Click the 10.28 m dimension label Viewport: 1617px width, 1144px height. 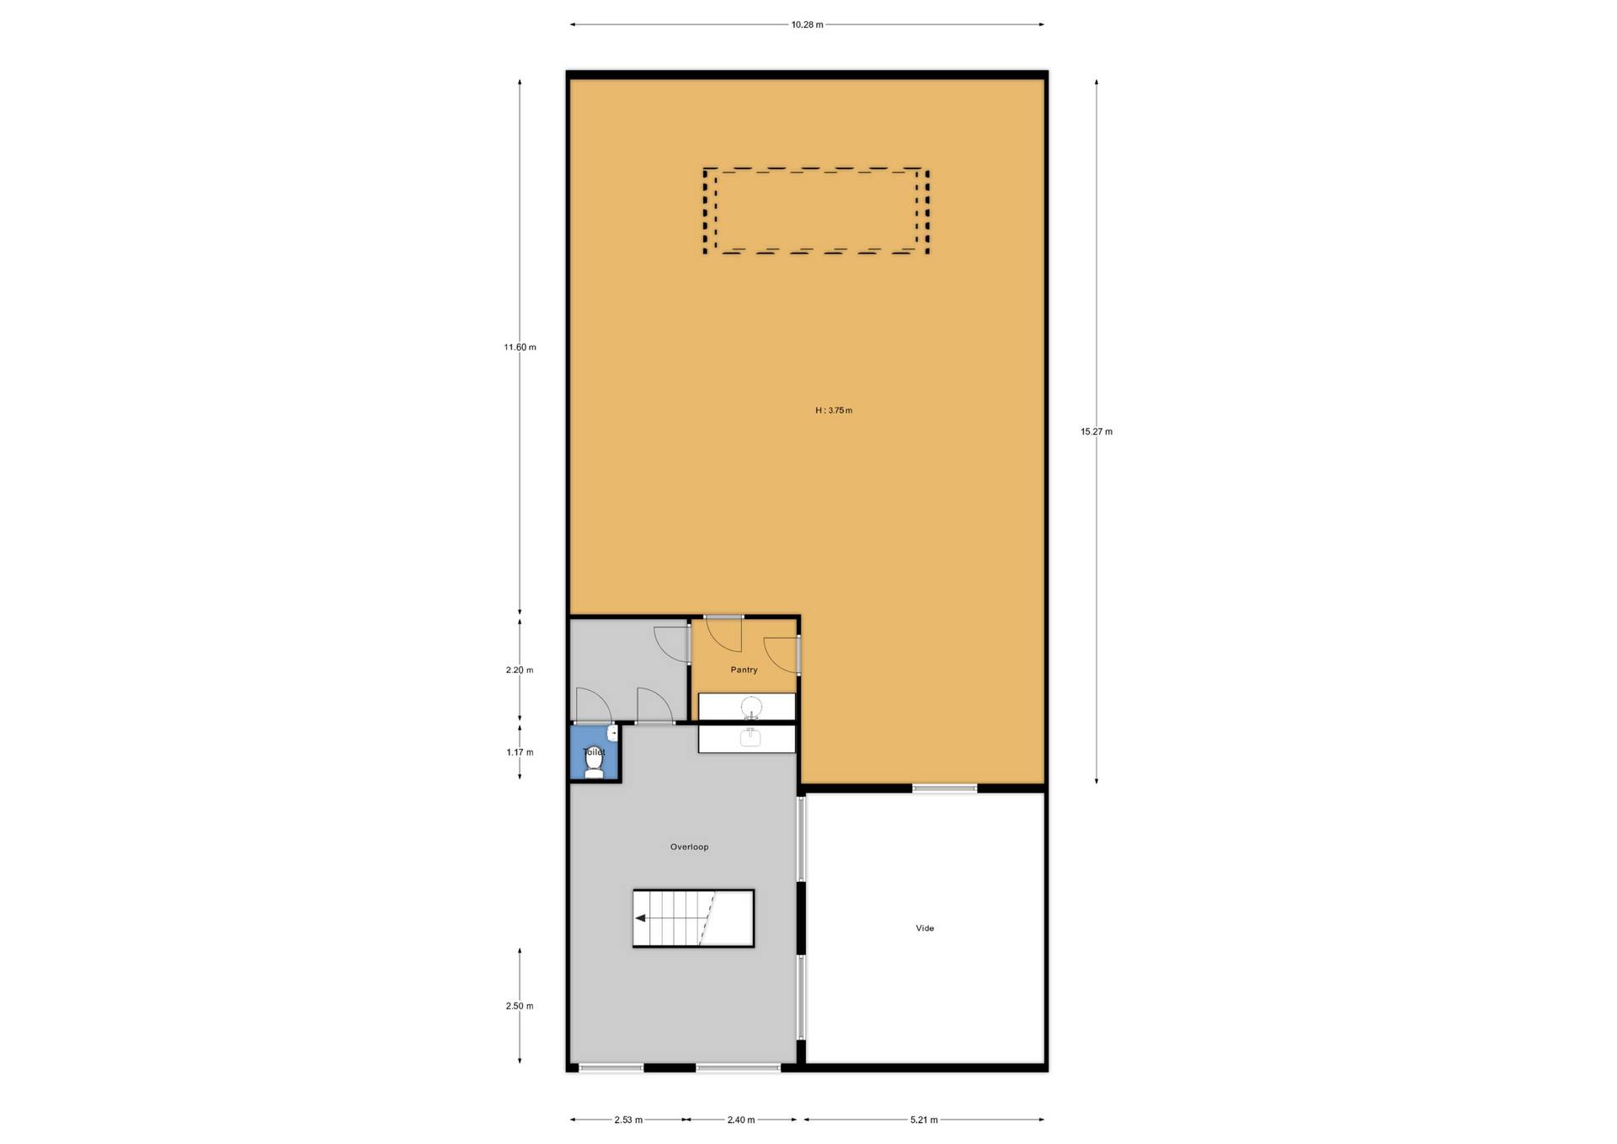pyautogui.click(x=807, y=24)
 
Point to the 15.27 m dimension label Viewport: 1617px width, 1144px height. pyautogui.click(x=1097, y=431)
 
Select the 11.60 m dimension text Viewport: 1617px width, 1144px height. pyautogui.click(x=520, y=347)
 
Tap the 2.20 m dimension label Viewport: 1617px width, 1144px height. pyautogui.click(x=520, y=671)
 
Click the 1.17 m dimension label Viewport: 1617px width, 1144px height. pyautogui.click(x=520, y=752)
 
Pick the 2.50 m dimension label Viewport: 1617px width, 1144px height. pyautogui.click(x=520, y=1006)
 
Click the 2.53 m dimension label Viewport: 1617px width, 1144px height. pyautogui.click(x=628, y=1120)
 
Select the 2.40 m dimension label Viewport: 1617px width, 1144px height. pyautogui.click(x=741, y=1120)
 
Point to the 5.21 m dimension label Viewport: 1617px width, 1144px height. pyautogui.click(x=924, y=1120)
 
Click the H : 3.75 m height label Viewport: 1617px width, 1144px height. pyautogui.click(x=834, y=410)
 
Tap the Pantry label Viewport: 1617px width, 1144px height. pyautogui.click(x=744, y=670)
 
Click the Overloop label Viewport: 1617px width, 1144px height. pyautogui.click(x=689, y=847)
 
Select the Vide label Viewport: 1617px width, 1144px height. pyautogui.click(x=925, y=927)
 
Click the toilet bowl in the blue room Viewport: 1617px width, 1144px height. pyautogui.click(x=595, y=762)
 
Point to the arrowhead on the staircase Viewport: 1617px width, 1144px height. pyautogui.click(x=640, y=918)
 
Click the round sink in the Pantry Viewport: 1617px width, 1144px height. pyautogui.click(x=751, y=707)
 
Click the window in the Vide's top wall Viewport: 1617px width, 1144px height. pyautogui.click(x=945, y=789)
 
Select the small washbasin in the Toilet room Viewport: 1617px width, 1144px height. pyautogui.click(x=612, y=734)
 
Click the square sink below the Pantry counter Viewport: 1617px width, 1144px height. pyautogui.click(x=750, y=738)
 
